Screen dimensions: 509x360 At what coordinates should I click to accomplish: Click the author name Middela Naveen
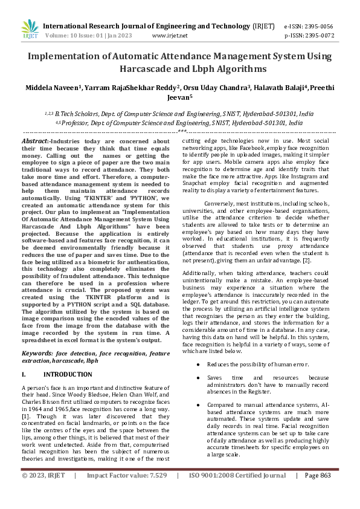pos(52,88)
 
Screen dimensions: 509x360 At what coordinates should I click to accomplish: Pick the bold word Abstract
pos(35,140)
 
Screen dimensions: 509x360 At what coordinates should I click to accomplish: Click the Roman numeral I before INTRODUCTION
pos(23,375)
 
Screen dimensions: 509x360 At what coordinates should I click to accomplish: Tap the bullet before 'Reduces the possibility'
pos(198,365)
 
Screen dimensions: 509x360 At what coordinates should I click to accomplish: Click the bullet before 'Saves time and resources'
pos(198,377)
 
